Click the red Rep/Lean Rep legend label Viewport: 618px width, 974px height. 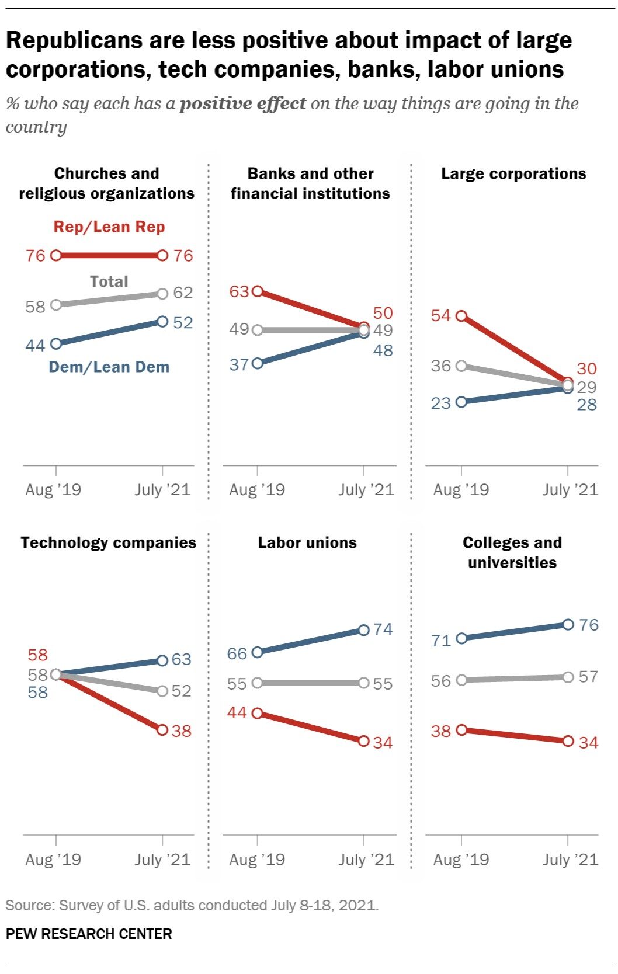pyautogui.click(x=109, y=227)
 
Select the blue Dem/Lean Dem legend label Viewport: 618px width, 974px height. pyautogui.click(x=109, y=367)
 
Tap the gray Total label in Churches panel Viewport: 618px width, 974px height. pyautogui.click(x=109, y=281)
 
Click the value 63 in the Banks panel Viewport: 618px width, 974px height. pyautogui.click(x=239, y=291)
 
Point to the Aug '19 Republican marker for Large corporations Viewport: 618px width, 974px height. pyautogui.click(x=461, y=316)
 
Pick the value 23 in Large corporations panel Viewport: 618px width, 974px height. pyautogui.click(x=441, y=403)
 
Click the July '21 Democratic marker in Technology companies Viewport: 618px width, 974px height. pyautogui.click(x=162, y=660)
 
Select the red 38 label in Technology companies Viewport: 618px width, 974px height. pyautogui.click(x=182, y=731)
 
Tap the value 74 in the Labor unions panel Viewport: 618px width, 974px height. pyautogui.click(x=383, y=629)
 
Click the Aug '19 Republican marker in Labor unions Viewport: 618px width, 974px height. pyautogui.click(x=258, y=713)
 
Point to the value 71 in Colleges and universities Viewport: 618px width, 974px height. pyautogui.click(x=441, y=641)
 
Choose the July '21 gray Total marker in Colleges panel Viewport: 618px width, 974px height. pyautogui.click(x=568, y=677)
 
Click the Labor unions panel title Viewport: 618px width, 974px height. pyautogui.click(x=307, y=543)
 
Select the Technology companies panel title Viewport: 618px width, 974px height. pyautogui.click(x=109, y=543)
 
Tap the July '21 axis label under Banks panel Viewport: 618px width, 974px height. pyautogui.click(x=366, y=490)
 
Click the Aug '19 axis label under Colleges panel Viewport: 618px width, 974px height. pyautogui.click(x=461, y=860)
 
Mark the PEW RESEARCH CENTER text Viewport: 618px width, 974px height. pyautogui.click(x=89, y=934)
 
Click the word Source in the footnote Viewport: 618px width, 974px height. pyautogui.click(x=28, y=906)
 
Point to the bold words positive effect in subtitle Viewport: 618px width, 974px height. pyautogui.click(x=242, y=104)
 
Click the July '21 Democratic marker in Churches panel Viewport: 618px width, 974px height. pyautogui.click(x=162, y=322)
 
